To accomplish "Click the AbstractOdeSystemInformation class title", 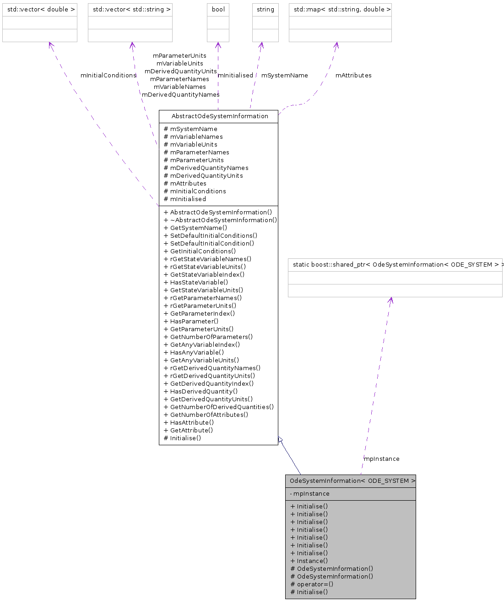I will [x=220, y=116].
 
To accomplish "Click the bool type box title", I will [x=218, y=10].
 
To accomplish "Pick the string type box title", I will [x=266, y=10].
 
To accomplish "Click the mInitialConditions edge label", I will [x=108, y=76].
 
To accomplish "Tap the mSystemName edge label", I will [x=284, y=76].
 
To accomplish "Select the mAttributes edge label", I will [x=353, y=76].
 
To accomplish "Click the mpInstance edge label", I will [x=381, y=459].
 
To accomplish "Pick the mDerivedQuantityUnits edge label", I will [x=180, y=71].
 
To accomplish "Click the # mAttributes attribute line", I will [x=185, y=184].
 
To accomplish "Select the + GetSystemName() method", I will [x=195, y=228].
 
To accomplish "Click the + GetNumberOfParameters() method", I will [x=208, y=337].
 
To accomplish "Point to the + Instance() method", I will [x=309, y=561].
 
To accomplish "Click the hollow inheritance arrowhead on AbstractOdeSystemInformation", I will [x=281, y=440].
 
